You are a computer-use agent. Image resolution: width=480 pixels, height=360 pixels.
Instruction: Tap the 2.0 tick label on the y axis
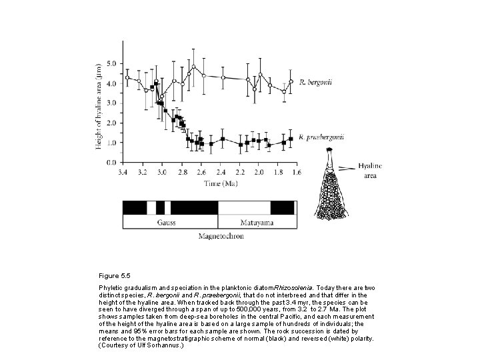point(111,123)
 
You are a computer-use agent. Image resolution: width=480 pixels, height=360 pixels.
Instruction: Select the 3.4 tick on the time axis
point(123,171)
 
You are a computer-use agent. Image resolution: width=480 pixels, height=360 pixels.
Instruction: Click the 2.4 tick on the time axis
point(221,171)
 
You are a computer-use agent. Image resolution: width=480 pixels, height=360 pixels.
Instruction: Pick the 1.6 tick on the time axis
point(295,171)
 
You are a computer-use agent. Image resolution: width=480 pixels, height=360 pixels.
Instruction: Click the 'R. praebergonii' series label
point(322,137)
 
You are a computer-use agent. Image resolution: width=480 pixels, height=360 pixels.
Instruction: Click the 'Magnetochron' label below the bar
point(221,236)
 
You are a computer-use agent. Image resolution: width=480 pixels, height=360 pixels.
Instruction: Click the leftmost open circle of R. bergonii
point(127,77)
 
